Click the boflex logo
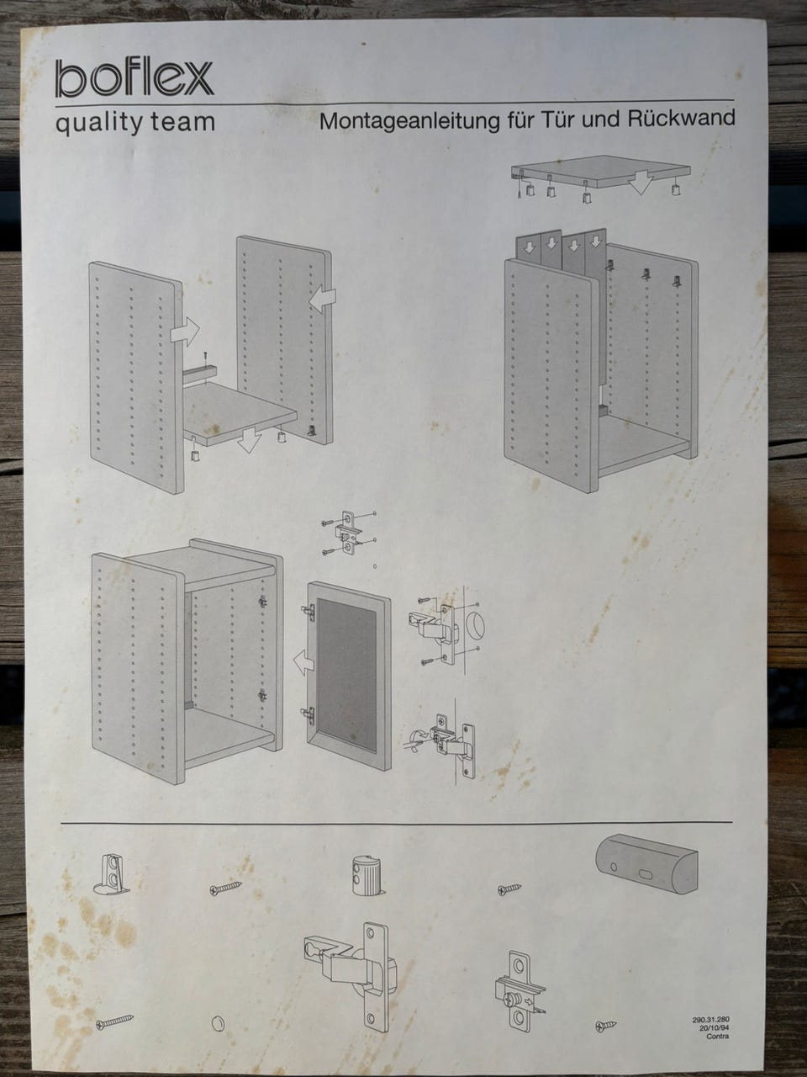[134, 78]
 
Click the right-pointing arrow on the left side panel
[185, 332]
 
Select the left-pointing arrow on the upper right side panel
[323, 299]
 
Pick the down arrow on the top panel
[641, 183]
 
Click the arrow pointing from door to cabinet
[303, 661]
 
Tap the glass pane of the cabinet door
[347, 674]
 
